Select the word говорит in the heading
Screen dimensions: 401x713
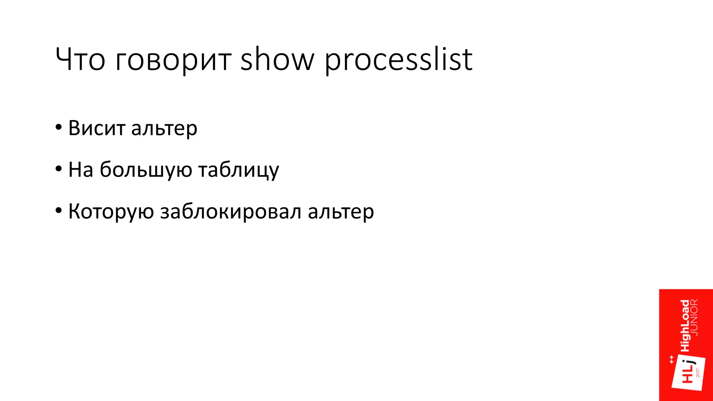pyautogui.click(x=173, y=60)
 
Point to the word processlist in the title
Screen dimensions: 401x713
pyautogui.click(x=399, y=60)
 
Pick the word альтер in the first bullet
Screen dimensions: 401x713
pyautogui.click(x=164, y=128)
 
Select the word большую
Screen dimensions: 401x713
pyautogui.click(x=146, y=170)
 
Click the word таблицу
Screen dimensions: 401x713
pyautogui.click(x=239, y=170)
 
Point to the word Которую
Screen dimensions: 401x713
pyautogui.click(x=111, y=211)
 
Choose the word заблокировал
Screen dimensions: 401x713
pyautogui.click(x=230, y=211)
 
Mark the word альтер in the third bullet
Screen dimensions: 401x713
pyautogui.click(x=341, y=211)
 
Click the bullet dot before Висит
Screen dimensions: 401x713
pyautogui.click(x=58, y=127)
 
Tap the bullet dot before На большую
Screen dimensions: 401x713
pyautogui.click(x=58, y=169)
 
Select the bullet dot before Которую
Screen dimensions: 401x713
pyautogui.click(x=58, y=211)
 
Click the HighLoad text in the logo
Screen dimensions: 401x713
pyautogui.click(x=685, y=325)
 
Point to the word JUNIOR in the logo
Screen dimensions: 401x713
pyautogui.click(x=694, y=317)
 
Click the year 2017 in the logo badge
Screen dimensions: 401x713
pyautogui.click(x=698, y=372)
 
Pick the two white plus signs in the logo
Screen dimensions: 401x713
pyautogui.click(x=672, y=360)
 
